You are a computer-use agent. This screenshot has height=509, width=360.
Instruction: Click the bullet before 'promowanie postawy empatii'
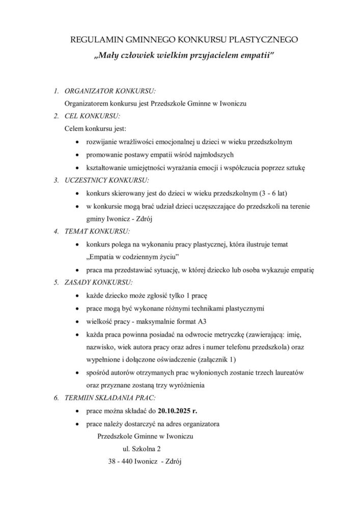click(x=77, y=155)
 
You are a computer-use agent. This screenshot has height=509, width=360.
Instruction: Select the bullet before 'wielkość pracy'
click(x=77, y=321)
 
